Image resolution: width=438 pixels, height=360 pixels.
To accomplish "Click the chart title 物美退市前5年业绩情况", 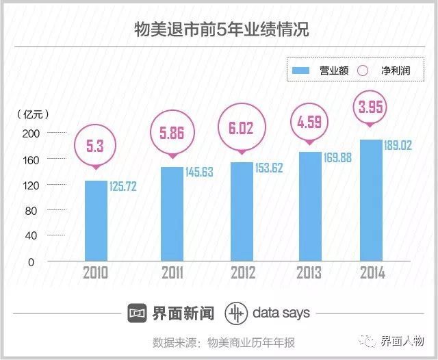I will click(x=219, y=30).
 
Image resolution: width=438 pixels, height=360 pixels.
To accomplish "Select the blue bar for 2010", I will click(x=96, y=220).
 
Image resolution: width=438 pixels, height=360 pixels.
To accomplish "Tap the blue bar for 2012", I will click(x=242, y=211).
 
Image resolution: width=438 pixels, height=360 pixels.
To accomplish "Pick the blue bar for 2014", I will click(x=370, y=200).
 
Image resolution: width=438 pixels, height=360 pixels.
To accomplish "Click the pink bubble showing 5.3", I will click(x=96, y=146).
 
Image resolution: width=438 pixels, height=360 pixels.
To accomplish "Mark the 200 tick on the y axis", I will click(x=32, y=133).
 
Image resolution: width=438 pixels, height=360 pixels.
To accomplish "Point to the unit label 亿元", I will click(x=33, y=113).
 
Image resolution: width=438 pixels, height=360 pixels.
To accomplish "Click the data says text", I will click(x=281, y=313).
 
